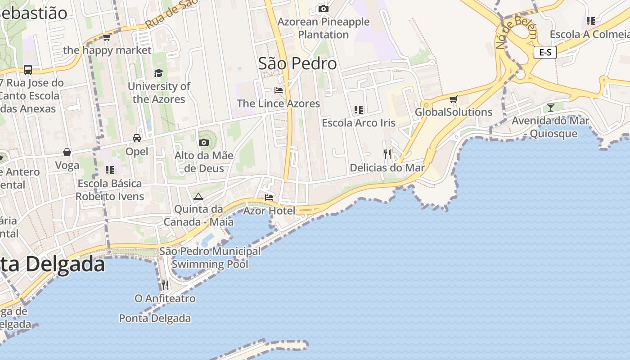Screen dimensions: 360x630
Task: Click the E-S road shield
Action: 545,53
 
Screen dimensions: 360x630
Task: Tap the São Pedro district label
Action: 297,63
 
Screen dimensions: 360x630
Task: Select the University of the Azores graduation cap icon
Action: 158,73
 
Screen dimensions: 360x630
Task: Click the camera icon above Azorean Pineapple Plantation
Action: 323,9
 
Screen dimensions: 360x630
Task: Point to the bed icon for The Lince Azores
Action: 279,90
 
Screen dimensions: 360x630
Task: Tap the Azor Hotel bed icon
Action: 269,197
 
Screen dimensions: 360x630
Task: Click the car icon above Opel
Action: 137,138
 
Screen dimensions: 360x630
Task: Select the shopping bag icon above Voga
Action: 67,152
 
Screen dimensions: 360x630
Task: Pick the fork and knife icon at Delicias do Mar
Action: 387,154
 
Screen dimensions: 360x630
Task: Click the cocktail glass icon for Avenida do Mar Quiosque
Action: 550,107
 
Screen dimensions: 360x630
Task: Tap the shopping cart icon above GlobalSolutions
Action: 453,99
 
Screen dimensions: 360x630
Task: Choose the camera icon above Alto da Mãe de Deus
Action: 204,142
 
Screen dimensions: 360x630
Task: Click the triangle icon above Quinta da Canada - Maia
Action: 198,196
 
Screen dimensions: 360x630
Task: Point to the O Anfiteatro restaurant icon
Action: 165,285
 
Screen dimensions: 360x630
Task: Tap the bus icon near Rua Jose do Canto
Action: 28,69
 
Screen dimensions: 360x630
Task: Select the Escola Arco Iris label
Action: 359,123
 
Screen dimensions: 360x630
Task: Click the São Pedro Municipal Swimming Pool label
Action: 210,257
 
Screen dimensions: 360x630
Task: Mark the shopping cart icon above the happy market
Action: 107,37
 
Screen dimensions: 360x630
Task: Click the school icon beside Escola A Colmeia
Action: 591,21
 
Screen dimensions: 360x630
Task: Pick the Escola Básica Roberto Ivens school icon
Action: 110,170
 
